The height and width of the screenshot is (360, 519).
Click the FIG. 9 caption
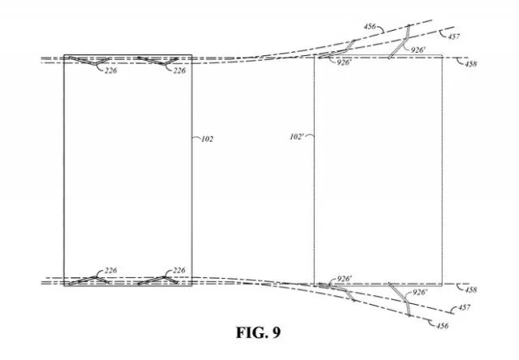(259, 332)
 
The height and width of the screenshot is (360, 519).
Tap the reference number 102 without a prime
(207, 139)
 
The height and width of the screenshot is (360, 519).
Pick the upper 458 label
(470, 63)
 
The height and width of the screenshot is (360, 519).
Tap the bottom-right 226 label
(179, 270)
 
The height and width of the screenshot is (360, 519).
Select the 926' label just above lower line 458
(344, 279)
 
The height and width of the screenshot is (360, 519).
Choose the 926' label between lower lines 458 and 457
(419, 292)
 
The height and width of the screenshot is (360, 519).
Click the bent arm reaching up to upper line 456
(401, 42)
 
